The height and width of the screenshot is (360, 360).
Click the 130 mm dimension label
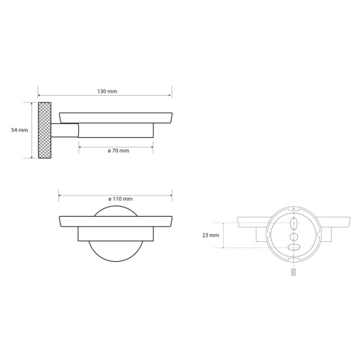click(x=107, y=91)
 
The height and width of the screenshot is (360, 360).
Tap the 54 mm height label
click(x=19, y=130)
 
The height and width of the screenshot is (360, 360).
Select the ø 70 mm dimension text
click(x=118, y=151)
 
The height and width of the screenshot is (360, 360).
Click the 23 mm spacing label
click(x=211, y=235)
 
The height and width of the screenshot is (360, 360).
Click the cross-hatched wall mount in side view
click(x=44, y=130)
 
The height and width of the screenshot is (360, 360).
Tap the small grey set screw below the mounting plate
click(x=293, y=272)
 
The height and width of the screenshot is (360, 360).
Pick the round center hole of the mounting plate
click(x=293, y=237)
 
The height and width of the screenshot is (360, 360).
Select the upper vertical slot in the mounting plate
click(x=293, y=224)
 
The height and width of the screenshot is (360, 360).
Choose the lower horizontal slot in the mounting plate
click(x=294, y=247)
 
